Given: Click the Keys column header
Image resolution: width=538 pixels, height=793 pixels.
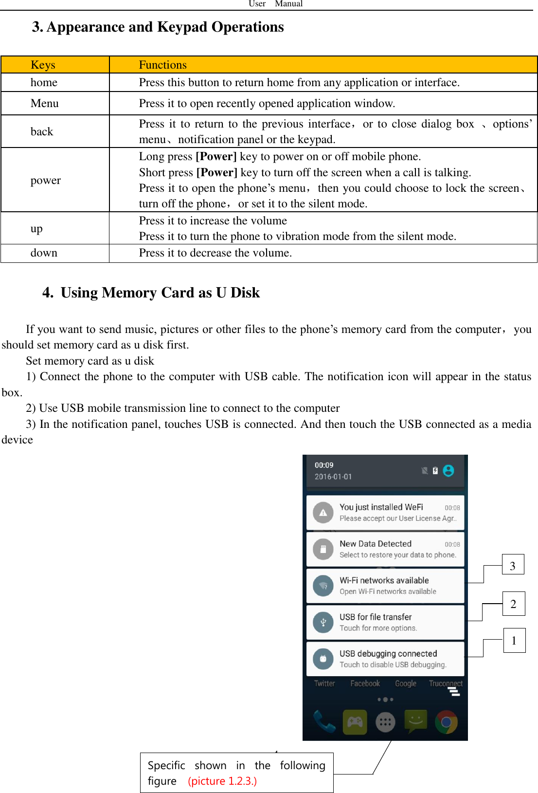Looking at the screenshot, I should (x=43, y=65).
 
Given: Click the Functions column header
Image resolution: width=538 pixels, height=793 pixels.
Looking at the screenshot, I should (x=162, y=65).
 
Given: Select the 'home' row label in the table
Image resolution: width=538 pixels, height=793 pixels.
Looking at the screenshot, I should (x=44, y=83).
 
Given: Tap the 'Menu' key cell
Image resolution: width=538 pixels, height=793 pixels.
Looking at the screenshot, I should (x=44, y=103).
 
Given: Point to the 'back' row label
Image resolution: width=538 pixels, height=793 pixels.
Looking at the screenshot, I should (x=42, y=131).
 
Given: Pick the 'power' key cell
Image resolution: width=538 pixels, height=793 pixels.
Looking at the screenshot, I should (x=46, y=180).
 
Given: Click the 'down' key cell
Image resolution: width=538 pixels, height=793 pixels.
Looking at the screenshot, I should (x=44, y=253).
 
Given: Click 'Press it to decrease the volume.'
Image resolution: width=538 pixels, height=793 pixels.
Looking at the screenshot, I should (x=215, y=253).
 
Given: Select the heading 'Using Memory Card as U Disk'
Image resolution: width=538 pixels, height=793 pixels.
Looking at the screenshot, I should (x=160, y=293).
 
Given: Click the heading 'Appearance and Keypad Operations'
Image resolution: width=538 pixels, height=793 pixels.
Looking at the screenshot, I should (x=165, y=27).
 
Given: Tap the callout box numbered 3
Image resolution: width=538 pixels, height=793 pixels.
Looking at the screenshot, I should (x=513, y=565).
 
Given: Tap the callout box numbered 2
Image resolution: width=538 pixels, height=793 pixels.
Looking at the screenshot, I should (x=513, y=604).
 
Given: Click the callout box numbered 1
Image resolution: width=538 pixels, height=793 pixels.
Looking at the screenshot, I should (x=514, y=640).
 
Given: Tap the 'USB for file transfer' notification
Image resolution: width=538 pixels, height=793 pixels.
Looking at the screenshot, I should (x=385, y=622).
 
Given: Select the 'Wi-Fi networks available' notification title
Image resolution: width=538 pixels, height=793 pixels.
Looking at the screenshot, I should (x=384, y=580).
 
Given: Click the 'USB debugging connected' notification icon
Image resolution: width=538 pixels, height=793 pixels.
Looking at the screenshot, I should (x=323, y=659).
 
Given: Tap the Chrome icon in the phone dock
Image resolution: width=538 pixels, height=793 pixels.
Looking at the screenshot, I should (x=446, y=722).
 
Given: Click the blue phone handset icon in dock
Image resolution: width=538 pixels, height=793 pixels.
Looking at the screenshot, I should (x=324, y=722).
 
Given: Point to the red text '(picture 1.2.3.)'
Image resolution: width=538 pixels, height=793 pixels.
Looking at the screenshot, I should (x=222, y=781).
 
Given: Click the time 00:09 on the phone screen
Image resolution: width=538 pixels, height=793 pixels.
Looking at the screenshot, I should (x=324, y=465).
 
